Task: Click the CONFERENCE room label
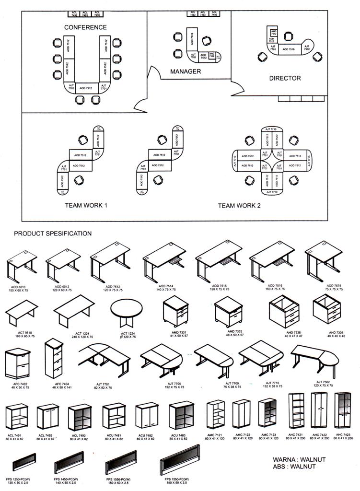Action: tap(85, 27)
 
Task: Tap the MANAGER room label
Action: tap(185, 71)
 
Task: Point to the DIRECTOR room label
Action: tap(285, 78)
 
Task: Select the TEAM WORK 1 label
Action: tap(86, 205)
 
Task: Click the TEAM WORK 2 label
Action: tap(239, 205)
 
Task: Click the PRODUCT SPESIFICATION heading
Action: tap(52, 234)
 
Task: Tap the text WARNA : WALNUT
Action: tap(299, 459)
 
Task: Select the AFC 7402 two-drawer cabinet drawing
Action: tap(18, 363)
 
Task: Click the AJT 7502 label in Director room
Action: tap(307, 48)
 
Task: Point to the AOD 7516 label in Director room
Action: tap(289, 49)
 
